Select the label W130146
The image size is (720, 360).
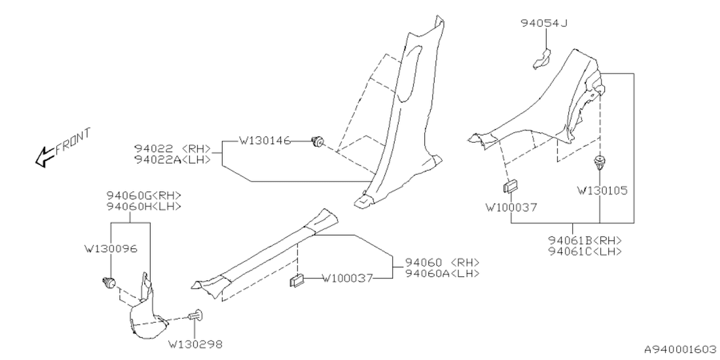click(265, 141)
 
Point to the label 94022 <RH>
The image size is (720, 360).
click(172, 149)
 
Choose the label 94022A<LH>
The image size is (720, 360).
click(172, 160)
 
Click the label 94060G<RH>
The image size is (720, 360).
click(144, 195)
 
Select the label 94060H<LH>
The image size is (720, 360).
click(144, 206)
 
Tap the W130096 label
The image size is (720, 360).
click(110, 247)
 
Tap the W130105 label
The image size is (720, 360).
click(602, 191)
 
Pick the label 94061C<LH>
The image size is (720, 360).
click(585, 251)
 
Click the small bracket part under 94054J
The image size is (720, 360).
click(542, 58)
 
